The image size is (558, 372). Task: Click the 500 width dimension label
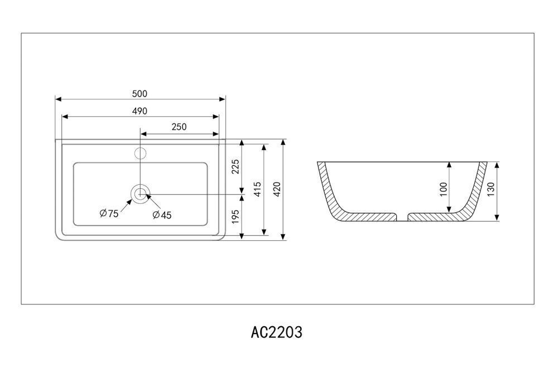pos(139,94)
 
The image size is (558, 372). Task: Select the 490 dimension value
pos(139,111)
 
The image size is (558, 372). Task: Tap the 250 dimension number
pos(179,127)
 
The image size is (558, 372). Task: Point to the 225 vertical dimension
pos(235,166)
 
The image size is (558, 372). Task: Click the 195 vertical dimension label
pos(235,217)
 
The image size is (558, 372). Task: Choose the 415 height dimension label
pos(257,189)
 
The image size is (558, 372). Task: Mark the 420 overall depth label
pos(277,189)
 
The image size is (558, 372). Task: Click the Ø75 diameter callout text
pos(109,213)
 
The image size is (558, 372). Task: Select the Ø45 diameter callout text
pos(162,215)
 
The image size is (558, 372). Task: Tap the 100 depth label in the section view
pos(443,189)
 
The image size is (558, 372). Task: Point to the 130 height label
pos(490,189)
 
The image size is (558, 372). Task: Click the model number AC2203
pos(277,332)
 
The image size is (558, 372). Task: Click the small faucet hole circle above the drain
pos(141,153)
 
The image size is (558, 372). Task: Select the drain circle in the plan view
pos(141,194)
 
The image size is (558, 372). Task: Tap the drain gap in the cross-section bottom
pos(402,217)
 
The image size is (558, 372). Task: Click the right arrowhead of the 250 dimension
pos(215,134)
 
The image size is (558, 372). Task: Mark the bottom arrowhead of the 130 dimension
pos(497,218)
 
